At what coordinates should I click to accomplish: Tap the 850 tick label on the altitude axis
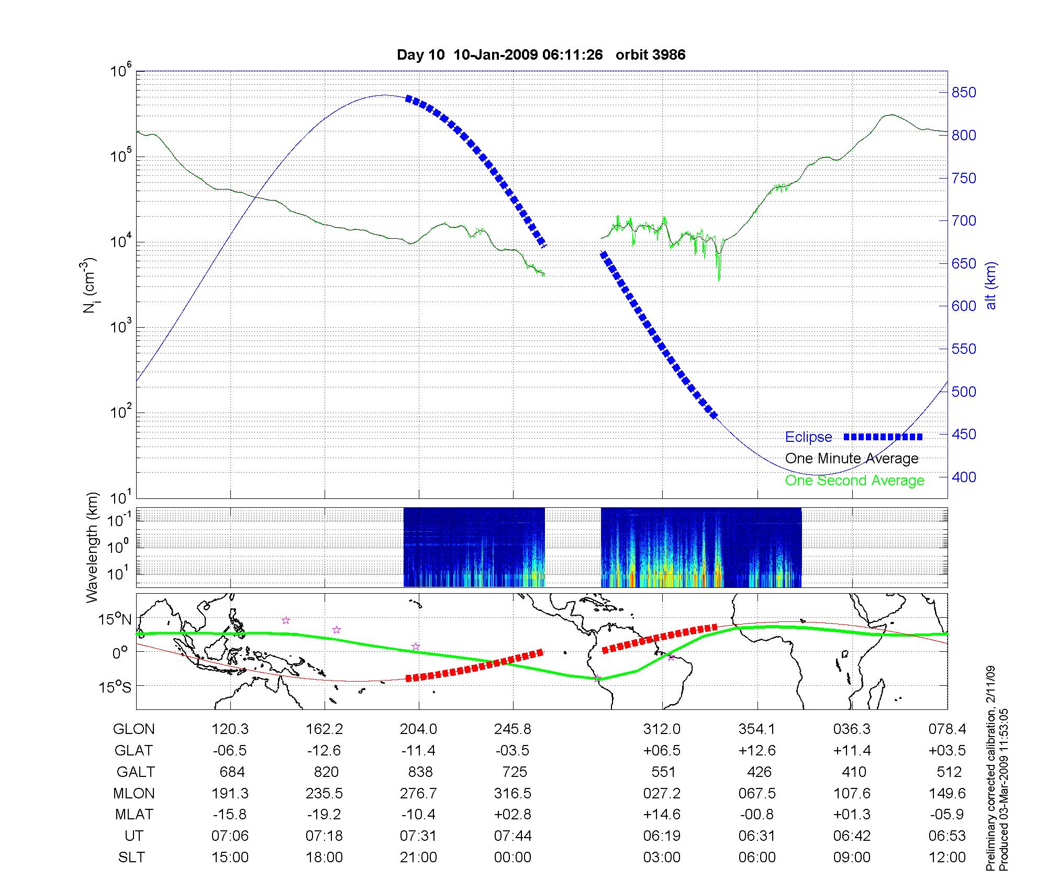tap(964, 93)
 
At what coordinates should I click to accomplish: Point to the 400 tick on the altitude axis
tap(964, 477)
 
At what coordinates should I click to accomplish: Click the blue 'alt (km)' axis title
tap(990, 285)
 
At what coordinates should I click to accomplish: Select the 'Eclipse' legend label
tap(808, 437)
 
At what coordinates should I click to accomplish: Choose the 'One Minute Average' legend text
tap(852, 459)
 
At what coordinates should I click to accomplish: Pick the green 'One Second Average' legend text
tap(854, 481)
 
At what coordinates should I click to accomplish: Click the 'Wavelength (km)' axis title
tap(93, 547)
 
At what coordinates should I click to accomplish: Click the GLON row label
tap(134, 729)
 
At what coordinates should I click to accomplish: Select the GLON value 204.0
tap(418, 729)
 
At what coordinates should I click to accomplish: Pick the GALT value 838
tap(420, 772)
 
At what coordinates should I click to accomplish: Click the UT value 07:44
tap(513, 836)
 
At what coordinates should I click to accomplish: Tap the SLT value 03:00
tap(662, 858)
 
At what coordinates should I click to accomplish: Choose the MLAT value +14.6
tap(662, 815)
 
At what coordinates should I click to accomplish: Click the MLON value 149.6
tap(947, 793)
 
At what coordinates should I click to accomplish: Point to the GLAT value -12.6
tap(324, 751)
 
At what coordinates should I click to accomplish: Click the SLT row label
tap(131, 858)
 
